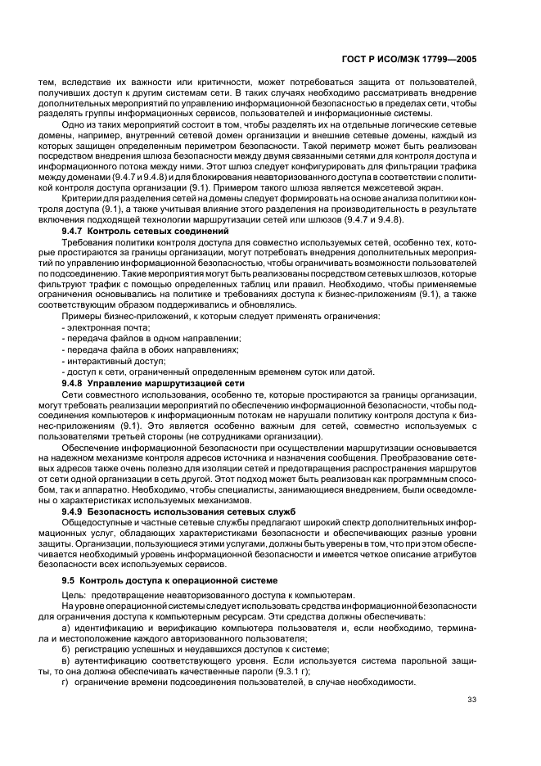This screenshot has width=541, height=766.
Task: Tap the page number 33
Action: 472,700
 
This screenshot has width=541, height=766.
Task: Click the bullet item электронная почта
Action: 104,327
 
